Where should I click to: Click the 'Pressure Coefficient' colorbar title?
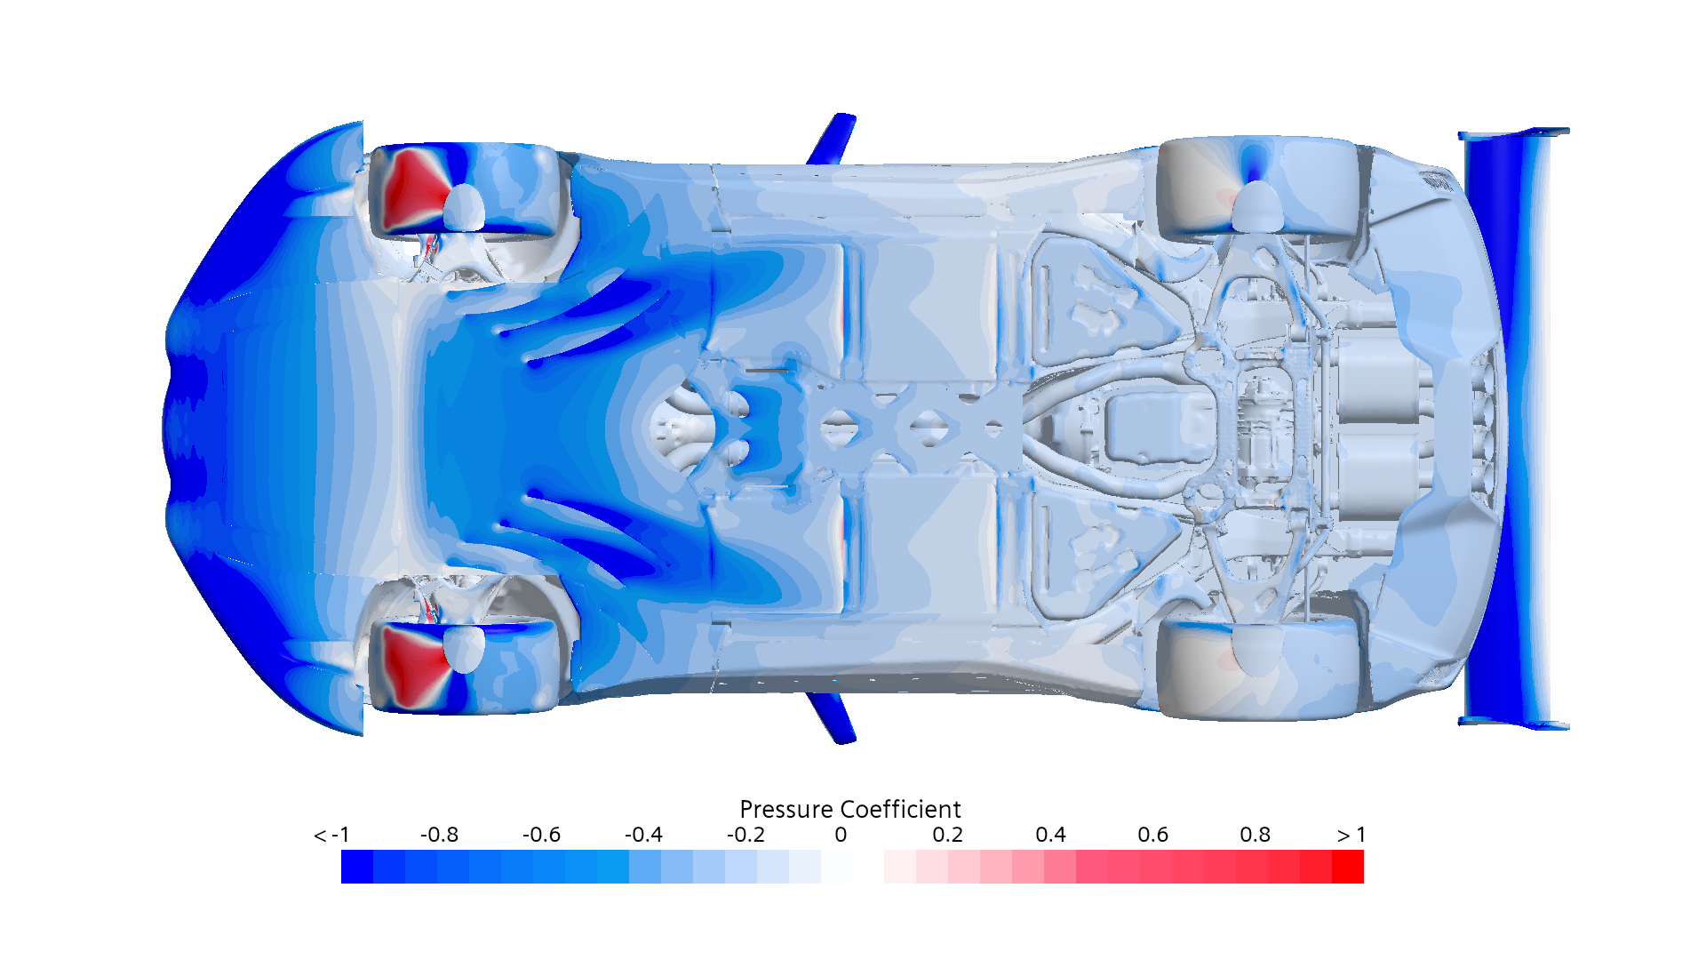[x=850, y=809]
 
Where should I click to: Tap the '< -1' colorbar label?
[x=331, y=835]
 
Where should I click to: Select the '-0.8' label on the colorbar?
[x=439, y=835]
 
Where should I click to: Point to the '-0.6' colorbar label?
[x=541, y=835]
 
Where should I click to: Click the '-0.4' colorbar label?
[x=643, y=835]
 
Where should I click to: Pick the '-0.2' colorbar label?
[x=745, y=835]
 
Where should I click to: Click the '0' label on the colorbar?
[x=841, y=835]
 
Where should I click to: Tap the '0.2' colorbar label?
[x=948, y=835]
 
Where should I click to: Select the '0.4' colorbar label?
[x=1050, y=835]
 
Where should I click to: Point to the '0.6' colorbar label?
[x=1152, y=835]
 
